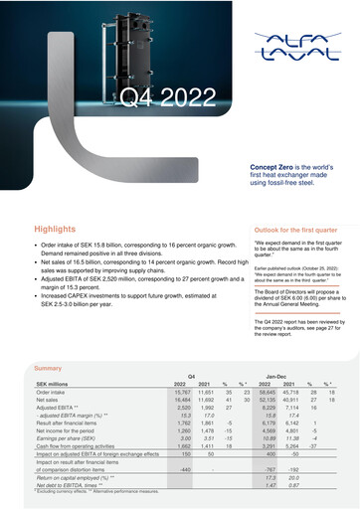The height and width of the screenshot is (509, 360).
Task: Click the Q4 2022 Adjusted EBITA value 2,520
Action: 182,407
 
